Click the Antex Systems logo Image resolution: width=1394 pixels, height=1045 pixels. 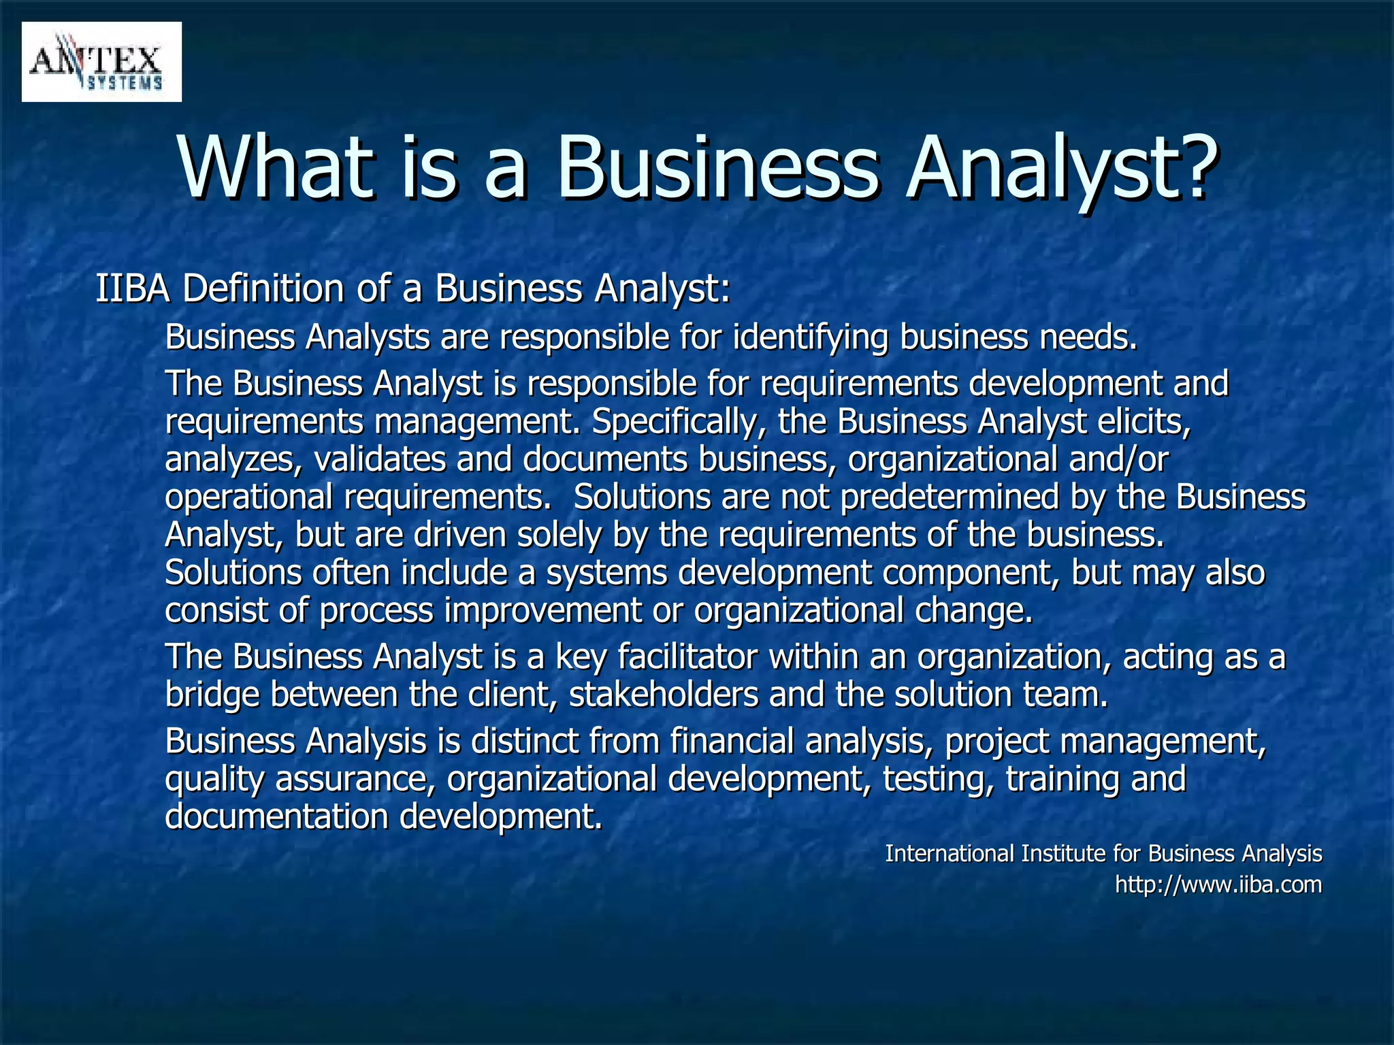(x=101, y=62)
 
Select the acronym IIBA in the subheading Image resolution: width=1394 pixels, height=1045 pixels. (x=132, y=288)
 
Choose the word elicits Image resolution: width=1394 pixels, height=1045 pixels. (x=1143, y=422)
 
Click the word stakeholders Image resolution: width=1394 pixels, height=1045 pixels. (x=664, y=695)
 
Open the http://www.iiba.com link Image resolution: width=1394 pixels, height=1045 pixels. (x=1218, y=884)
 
